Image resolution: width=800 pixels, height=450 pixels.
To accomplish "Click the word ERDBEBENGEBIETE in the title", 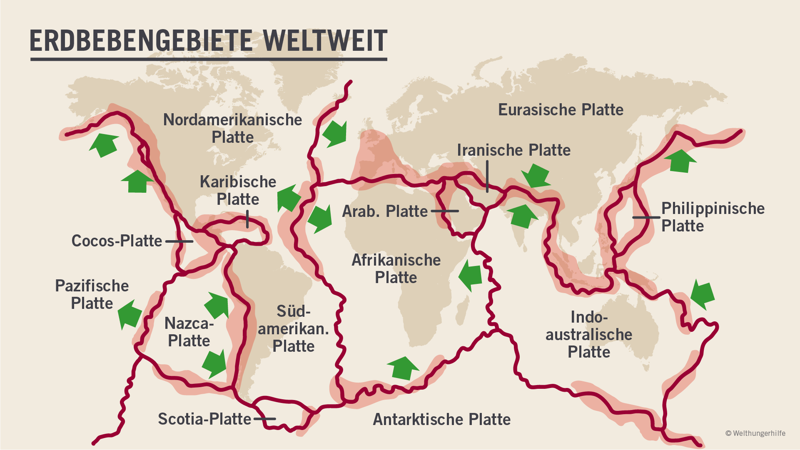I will (141, 41).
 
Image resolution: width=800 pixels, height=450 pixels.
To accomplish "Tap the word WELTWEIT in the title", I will (325, 41).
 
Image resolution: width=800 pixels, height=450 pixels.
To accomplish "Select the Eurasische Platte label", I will (561, 110).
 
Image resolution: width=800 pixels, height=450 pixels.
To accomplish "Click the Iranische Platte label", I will (513, 150).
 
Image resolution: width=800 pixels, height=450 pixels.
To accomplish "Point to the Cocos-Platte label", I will (117, 241).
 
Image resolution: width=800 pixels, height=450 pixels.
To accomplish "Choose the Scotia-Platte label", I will (204, 419).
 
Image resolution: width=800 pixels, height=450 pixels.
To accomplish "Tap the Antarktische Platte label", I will (441, 420).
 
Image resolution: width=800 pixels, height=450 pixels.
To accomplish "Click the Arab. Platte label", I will (385, 211).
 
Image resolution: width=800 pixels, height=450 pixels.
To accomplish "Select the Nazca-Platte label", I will (189, 332).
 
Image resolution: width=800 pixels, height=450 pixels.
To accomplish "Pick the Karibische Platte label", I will (238, 191).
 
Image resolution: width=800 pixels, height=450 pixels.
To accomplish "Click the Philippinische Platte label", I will (713, 217).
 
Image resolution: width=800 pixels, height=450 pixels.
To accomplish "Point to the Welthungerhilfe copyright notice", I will (755, 433).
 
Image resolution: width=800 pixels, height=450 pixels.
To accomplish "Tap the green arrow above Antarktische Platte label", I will (403, 368).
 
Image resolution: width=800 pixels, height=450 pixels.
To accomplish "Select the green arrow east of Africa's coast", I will (471, 275).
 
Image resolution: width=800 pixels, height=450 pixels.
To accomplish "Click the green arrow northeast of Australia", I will (703, 294).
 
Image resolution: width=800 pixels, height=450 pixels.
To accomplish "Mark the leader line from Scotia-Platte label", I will (264, 419).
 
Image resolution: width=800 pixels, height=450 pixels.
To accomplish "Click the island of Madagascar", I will (461, 312).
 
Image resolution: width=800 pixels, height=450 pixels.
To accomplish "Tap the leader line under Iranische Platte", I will (487, 177).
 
